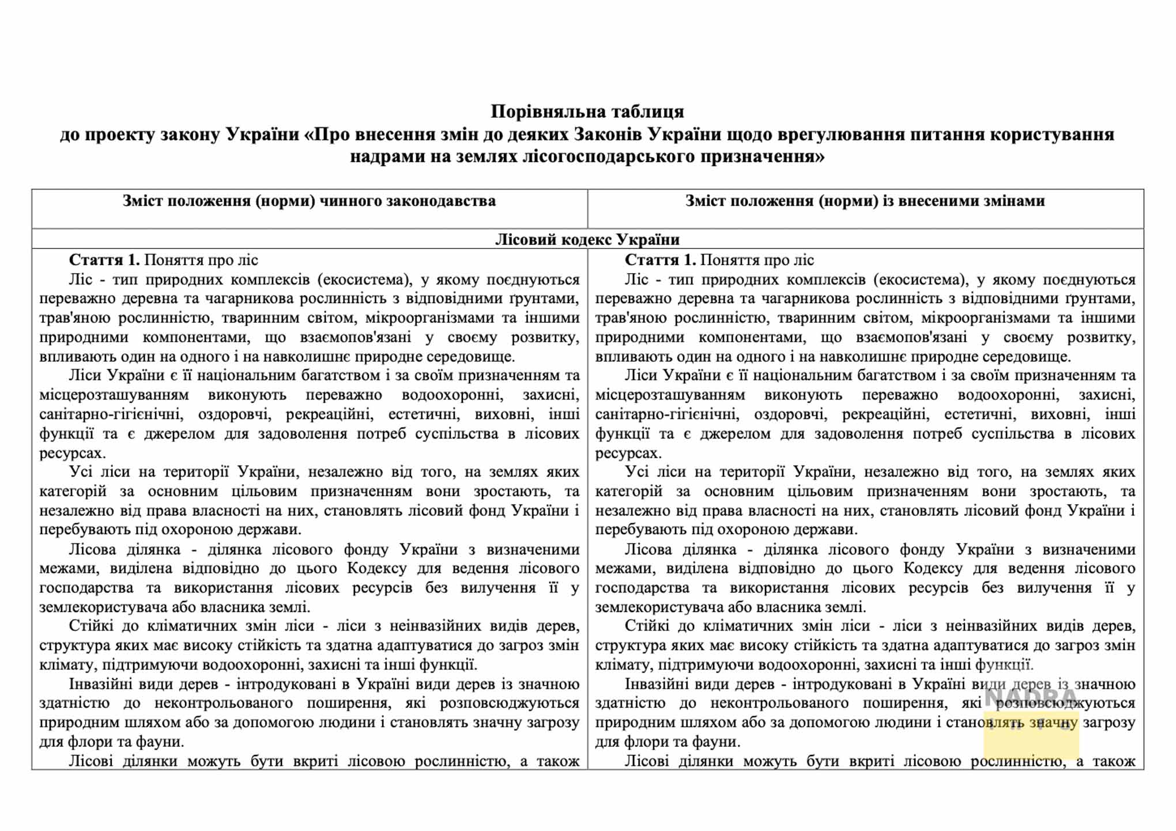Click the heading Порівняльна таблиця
point(587,111)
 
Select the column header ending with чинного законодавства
point(309,201)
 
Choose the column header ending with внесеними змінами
point(865,201)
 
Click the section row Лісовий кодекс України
point(587,240)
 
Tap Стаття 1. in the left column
point(104,260)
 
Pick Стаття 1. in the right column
point(660,260)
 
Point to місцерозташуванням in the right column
point(670,395)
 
